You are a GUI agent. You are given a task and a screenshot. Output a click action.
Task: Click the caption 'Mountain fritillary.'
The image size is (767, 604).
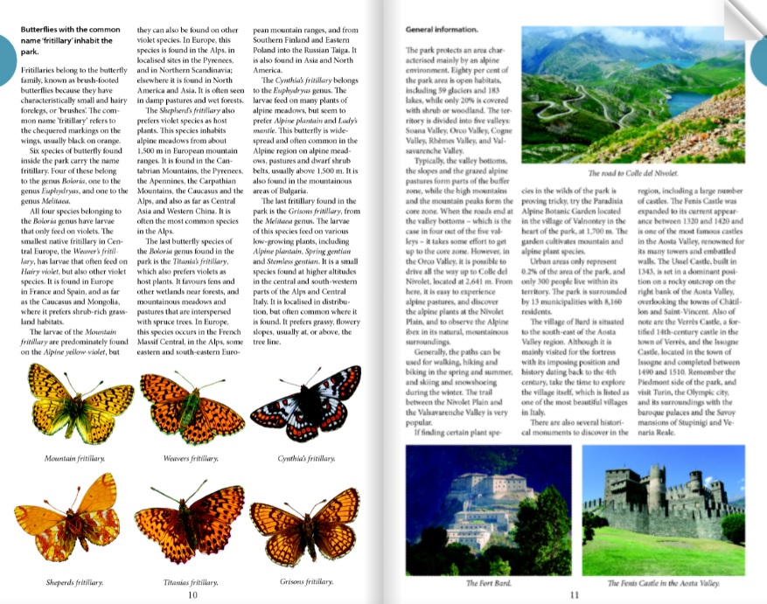coord(70,458)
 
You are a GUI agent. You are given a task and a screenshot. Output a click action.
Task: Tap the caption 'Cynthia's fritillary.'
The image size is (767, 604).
coord(305,458)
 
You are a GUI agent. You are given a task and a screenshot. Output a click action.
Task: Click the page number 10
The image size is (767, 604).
coord(192,594)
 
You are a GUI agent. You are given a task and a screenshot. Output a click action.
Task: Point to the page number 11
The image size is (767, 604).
coord(575,594)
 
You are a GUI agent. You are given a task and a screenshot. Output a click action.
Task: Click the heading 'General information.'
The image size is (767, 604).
coord(442,30)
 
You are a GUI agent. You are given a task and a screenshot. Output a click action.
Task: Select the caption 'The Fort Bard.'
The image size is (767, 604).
coord(488,582)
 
